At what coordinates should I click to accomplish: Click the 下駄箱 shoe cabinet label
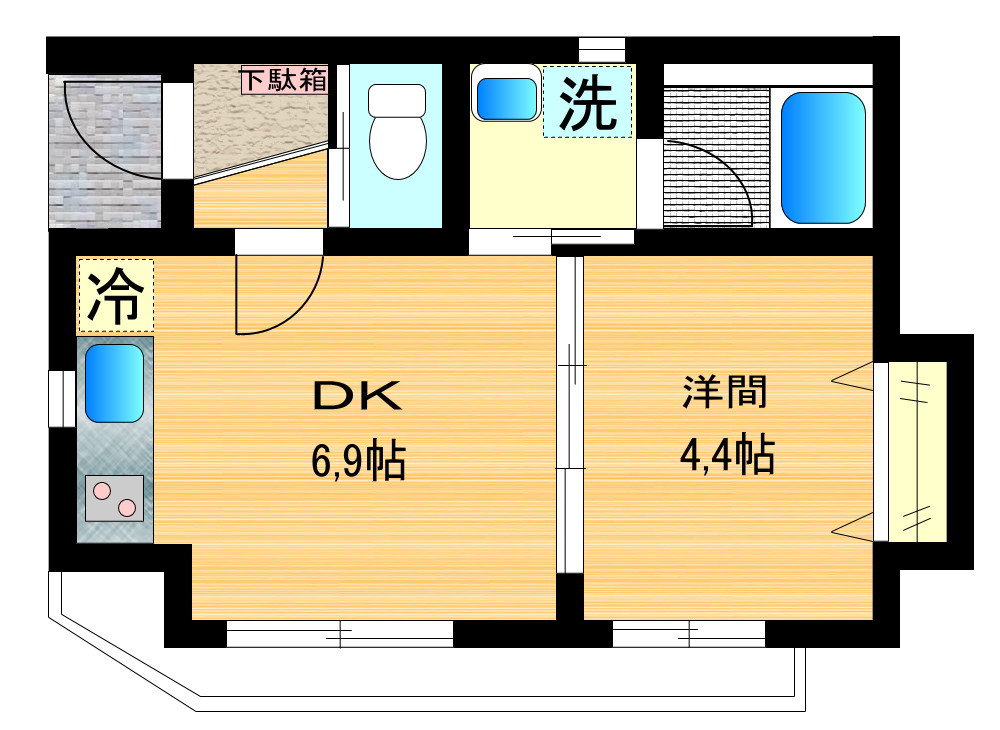[284, 80]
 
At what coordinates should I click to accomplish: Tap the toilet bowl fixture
[397, 131]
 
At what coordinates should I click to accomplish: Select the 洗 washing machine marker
[587, 102]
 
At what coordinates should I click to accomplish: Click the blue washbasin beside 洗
[507, 99]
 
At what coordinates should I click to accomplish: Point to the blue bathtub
[823, 157]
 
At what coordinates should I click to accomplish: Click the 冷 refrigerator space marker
[115, 296]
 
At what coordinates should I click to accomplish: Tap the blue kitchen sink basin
[114, 383]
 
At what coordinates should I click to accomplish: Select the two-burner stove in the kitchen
[114, 499]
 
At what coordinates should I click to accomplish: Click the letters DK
[357, 395]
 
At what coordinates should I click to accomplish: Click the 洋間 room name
[725, 391]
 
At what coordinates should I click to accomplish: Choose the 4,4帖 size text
[727, 455]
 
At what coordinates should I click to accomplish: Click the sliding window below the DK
[340, 634]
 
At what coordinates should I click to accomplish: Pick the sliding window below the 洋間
[689, 634]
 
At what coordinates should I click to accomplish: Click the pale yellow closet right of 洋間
[917, 451]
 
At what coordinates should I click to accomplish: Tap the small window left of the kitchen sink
[62, 399]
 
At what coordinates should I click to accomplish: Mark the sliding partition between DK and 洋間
[570, 414]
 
